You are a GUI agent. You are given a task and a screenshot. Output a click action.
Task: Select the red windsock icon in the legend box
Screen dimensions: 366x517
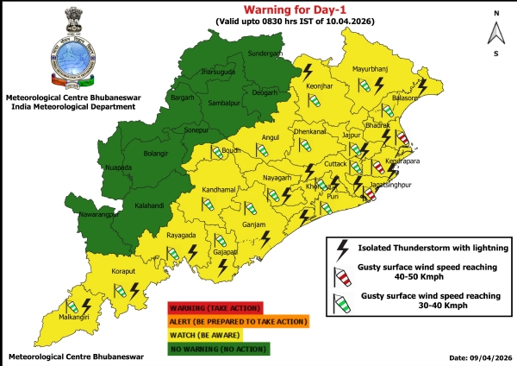(341, 276)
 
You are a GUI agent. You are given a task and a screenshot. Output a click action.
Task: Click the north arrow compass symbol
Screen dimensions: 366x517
(495, 32)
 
